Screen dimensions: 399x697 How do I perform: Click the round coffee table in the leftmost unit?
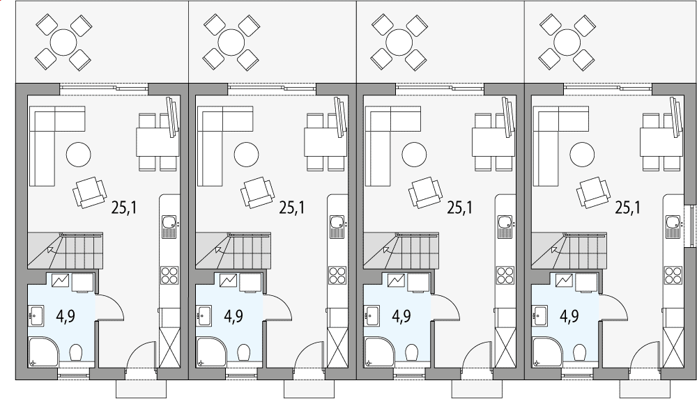[x=78, y=154]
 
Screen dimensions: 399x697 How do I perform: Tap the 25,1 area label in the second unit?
[x=292, y=207]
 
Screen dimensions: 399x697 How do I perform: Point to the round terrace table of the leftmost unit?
[x=64, y=42]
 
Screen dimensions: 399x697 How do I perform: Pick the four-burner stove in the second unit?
[x=337, y=275]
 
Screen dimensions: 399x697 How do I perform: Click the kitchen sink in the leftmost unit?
[x=169, y=223]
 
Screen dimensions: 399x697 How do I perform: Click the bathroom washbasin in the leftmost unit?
[x=36, y=315]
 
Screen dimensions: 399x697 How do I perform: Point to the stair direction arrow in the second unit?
[x=218, y=249]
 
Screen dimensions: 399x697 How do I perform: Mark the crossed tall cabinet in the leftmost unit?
[x=169, y=348]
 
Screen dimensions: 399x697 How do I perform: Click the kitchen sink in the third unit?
[x=505, y=223]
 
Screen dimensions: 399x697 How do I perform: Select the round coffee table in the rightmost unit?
[x=582, y=154]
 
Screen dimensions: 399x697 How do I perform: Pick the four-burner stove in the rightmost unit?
[x=673, y=275]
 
